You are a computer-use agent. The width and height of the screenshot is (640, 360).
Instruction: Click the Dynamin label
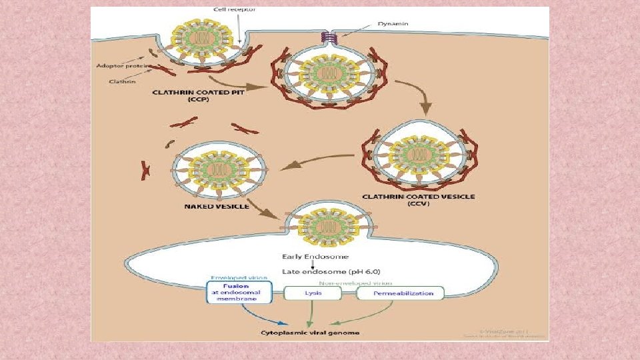393,23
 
